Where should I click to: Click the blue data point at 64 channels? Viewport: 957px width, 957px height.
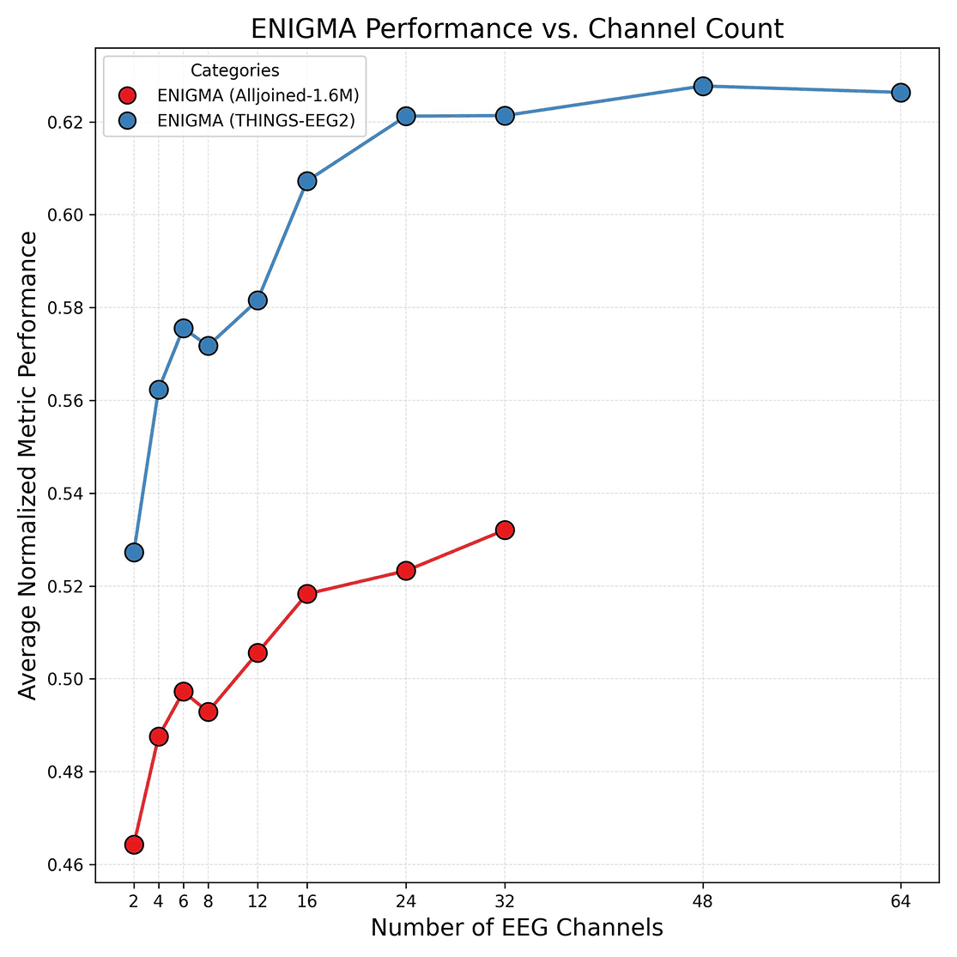click(900, 93)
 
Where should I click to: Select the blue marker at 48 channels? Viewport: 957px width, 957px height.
click(703, 87)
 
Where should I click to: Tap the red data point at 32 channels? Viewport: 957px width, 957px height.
click(505, 530)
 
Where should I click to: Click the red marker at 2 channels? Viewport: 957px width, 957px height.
click(134, 845)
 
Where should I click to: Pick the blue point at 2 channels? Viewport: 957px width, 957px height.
click(134, 552)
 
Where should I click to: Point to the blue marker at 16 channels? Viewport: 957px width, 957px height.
click(307, 181)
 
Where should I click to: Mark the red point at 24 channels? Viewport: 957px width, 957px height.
click(406, 571)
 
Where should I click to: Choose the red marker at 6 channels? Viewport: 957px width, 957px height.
click(184, 692)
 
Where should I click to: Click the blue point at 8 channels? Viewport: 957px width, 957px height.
click(208, 346)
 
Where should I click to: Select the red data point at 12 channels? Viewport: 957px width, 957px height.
click(257, 653)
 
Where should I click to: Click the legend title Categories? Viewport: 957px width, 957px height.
click(234, 71)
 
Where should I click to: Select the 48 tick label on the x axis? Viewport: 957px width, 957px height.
click(703, 901)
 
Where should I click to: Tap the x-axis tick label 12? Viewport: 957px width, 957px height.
click(257, 901)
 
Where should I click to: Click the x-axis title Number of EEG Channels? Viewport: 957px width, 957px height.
click(517, 929)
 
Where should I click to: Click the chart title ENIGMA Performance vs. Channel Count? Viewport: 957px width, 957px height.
click(517, 29)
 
